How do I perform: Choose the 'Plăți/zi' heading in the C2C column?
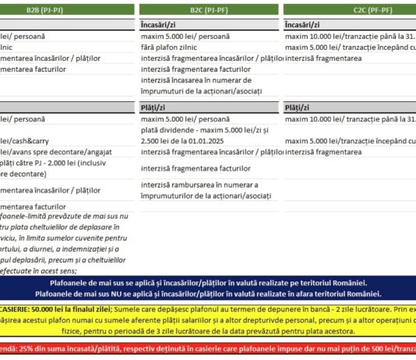[299, 106]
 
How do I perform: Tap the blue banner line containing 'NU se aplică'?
[208, 294]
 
